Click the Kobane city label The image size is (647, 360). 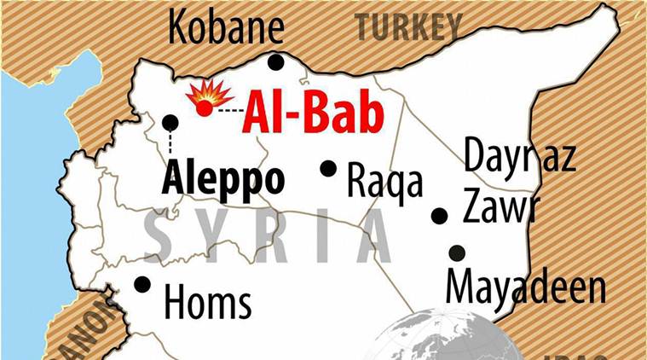225,29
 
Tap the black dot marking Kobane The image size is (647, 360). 275,61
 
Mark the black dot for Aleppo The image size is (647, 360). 170,122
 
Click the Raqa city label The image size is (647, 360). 385,181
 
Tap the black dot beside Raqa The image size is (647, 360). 328,168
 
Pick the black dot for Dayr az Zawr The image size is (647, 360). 439,216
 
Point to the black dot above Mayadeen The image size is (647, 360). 457,253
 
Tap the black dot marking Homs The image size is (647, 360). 142,284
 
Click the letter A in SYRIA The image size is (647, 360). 368,235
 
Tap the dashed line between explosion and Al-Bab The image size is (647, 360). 227,110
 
